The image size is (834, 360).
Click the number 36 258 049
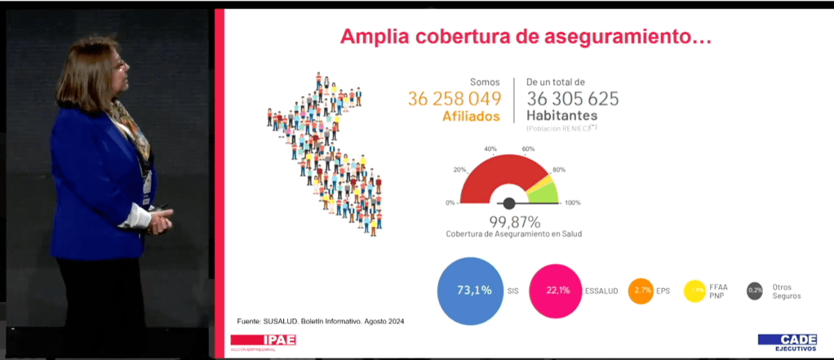point(454,99)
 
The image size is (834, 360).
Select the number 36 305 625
point(572,99)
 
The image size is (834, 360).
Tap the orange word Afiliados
point(471,116)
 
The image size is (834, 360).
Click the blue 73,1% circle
point(469,291)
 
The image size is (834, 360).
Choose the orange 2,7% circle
point(641,291)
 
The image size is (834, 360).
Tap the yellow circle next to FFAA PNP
point(694,291)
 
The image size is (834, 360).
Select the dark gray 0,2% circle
point(755,291)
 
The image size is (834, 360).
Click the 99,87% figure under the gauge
point(514,221)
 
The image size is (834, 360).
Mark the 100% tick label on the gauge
point(573,202)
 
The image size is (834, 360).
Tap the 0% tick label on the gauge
point(450,202)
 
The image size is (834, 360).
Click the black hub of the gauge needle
point(509,202)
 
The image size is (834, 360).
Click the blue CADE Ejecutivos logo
point(787,341)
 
